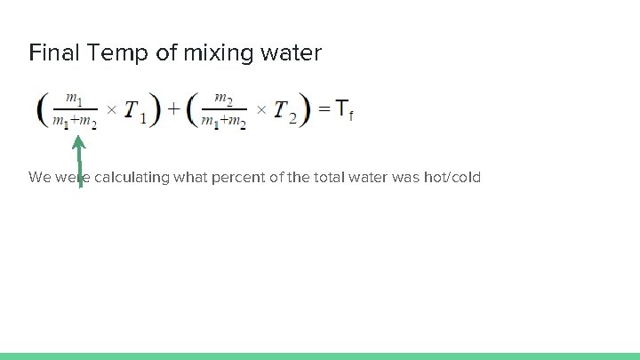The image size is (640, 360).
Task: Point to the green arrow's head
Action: click(x=78, y=141)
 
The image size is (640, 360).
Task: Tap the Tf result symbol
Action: click(x=344, y=110)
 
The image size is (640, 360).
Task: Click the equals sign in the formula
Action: click(x=325, y=109)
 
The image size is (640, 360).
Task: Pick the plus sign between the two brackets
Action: click(x=173, y=109)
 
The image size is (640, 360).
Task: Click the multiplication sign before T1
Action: click(x=111, y=110)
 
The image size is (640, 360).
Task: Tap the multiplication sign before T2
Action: click(x=261, y=110)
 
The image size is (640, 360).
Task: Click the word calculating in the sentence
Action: click(x=123, y=178)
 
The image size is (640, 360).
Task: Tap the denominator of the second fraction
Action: click(x=224, y=122)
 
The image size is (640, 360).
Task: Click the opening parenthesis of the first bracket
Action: click(x=43, y=109)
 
